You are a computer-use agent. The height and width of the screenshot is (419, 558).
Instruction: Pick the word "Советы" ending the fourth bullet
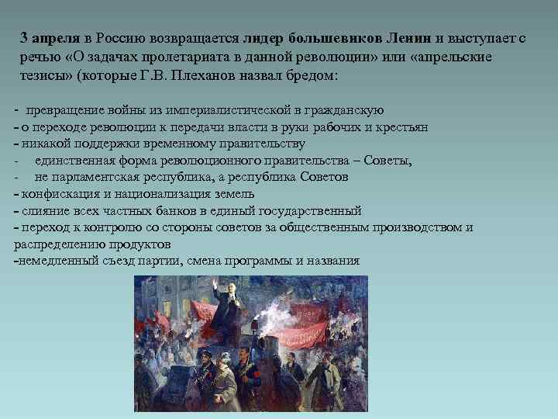coord(392,161)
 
